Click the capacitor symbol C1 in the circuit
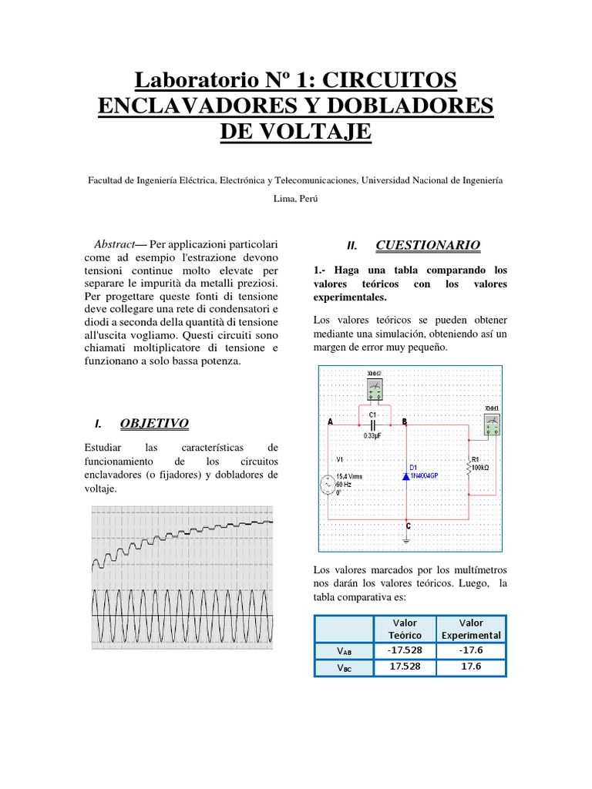coord(372,424)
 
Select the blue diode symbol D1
coord(405,476)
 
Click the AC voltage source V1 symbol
coord(328,485)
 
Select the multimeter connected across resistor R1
coord(491,423)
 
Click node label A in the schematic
coord(331,422)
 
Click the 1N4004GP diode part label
coord(425,476)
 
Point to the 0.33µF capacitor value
coord(374,435)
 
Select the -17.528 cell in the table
coord(405,650)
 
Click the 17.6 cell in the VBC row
coord(471,666)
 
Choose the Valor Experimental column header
coord(471,629)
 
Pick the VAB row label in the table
coord(344,651)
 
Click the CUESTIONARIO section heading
coord(427,245)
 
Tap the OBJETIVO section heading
coord(154,423)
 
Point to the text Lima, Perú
coord(295,198)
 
